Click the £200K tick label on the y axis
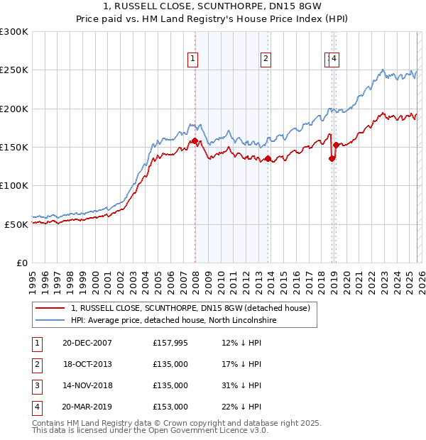pyautogui.click(x=14, y=109)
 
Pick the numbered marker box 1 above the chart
pyautogui.click(x=192, y=60)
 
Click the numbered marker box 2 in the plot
pyautogui.click(x=265, y=60)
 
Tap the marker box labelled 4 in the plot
pyautogui.click(x=334, y=60)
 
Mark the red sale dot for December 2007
pyautogui.click(x=195, y=141)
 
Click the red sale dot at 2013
pyautogui.click(x=268, y=159)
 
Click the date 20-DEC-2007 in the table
pyautogui.click(x=87, y=343)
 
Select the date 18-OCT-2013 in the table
pyautogui.click(x=87, y=364)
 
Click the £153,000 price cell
pyautogui.click(x=170, y=407)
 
